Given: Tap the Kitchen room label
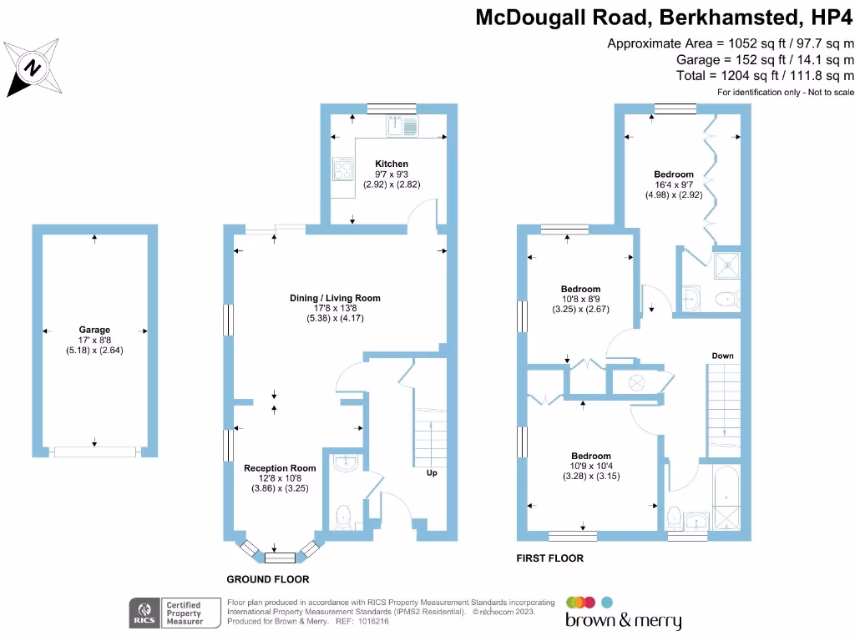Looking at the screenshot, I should pyautogui.click(x=391, y=164).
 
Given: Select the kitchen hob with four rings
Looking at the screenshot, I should pyautogui.click(x=343, y=169).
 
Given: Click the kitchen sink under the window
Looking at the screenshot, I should pyautogui.click(x=402, y=126).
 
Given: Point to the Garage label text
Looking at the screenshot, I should pyautogui.click(x=94, y=330).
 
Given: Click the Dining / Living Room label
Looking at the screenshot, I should pyautogui.click(x=335, y=298).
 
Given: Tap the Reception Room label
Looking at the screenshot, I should pyautogui.click(x=280, y=468).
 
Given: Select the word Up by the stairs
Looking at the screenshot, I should pyautogui.click(x=432, y=473).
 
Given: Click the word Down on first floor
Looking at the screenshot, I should pyautogui.click(x=722, y=356).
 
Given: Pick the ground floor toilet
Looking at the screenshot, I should pyautogui.click(x=342, y=517).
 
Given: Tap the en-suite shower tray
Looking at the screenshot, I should pyautogui.click(x=728, y=265).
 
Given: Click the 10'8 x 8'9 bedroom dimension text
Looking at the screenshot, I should pyautogui.click(x=579, y=299).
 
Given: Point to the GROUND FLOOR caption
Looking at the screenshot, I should pyautogui.click(x=268, y=579).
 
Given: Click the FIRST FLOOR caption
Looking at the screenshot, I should pyautogui.click(x=549, y=558).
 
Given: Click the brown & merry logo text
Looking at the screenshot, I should pyautogui.click(x=623, y=621).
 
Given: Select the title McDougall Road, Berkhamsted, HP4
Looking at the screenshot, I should pyautogui.click(x=665, y=18).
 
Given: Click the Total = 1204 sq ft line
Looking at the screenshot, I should pyautogui.click(x=764, y=76).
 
